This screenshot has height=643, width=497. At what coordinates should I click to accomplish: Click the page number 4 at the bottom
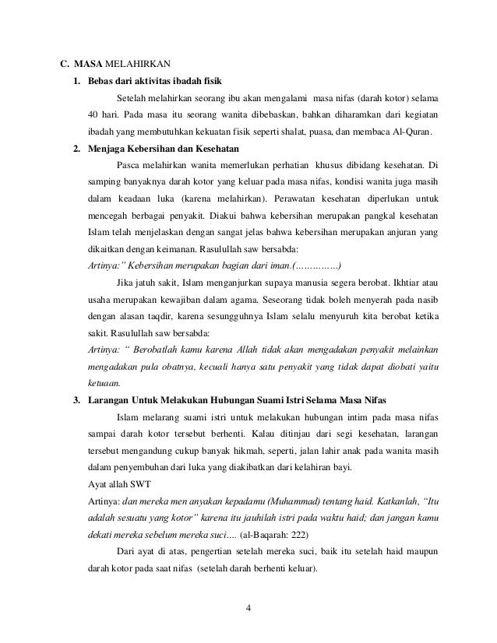pos(248,608)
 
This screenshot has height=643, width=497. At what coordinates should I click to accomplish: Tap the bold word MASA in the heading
pos(92,63)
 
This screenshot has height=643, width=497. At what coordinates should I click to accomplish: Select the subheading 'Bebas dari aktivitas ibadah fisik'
pos(153,81)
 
